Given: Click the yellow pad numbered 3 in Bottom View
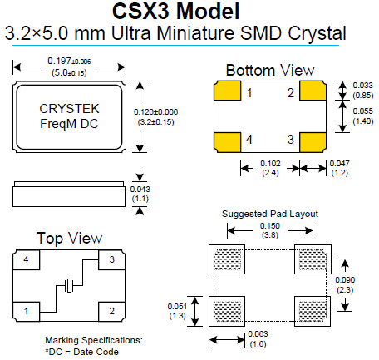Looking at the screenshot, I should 313,139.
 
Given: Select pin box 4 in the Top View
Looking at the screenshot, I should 27,261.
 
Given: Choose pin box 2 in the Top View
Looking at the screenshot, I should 111,311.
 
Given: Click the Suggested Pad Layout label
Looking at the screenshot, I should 270,213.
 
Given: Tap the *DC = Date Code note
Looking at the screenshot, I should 82,351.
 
